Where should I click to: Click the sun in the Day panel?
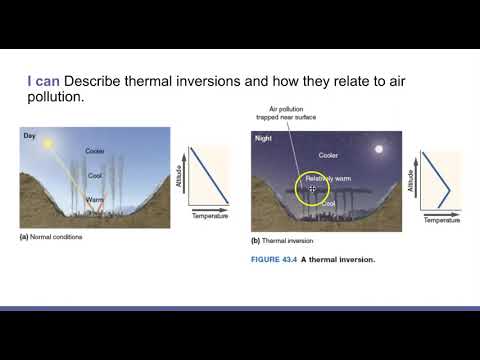click(x=46, y=145)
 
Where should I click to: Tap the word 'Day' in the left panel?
click(x=30, y=135)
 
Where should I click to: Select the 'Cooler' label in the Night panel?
click(x=328, y=155)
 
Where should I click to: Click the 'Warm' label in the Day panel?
click(x=95, y=199)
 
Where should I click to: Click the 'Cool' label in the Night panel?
click(x=328, y=204)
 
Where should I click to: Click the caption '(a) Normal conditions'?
click(x=53, y=238)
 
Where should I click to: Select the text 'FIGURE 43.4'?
click(x=275, y=260)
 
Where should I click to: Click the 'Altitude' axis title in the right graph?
click(x=411, y=180)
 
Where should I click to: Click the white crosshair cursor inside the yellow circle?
click(x=312, y=188)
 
